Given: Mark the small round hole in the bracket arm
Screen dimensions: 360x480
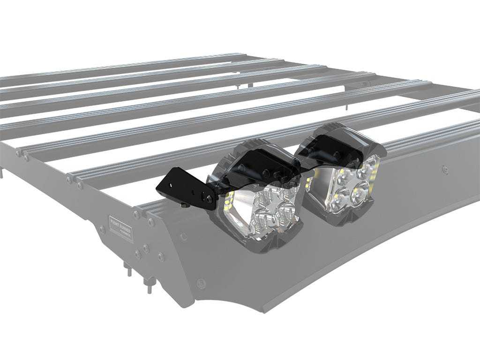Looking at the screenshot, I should tap(192, 192).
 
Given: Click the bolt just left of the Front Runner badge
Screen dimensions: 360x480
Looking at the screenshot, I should tap(102, 229).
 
